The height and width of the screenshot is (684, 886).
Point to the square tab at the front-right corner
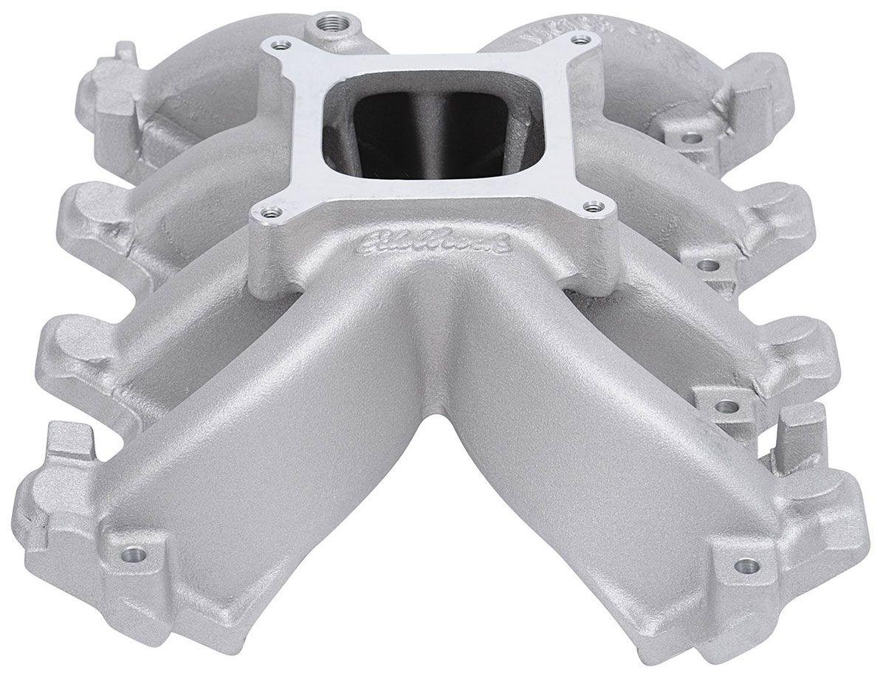tap(805, 429)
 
